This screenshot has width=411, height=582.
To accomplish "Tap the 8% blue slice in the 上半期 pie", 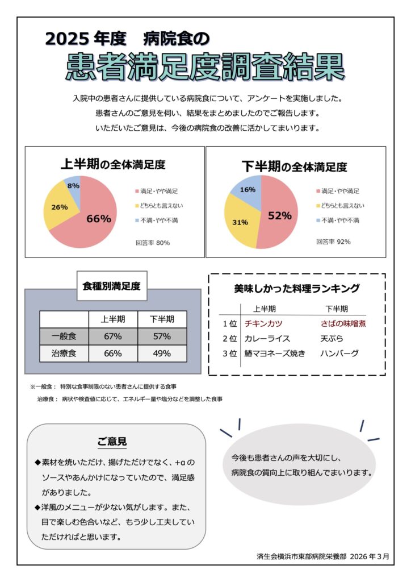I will click(73, 186).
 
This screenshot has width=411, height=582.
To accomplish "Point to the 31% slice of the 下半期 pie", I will click(240, 222).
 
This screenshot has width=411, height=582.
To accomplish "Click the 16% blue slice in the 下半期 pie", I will click(248, 190).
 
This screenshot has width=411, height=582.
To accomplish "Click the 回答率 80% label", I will click(153, 243).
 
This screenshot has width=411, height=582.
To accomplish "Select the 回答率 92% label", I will click(333, 242).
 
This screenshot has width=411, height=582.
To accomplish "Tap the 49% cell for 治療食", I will click(162, 353).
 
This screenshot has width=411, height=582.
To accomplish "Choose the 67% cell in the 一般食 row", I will click(113, 336).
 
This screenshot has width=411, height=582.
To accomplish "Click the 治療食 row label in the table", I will click(64, 353).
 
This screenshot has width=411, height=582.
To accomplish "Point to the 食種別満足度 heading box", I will click(112, 286).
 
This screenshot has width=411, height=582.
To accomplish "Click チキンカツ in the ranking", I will click(263, 323).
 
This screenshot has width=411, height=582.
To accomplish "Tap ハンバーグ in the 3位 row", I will click(339, 353).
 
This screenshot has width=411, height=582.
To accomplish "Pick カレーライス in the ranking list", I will click(267, 338).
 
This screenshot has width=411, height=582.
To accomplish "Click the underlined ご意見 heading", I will click(112, 442).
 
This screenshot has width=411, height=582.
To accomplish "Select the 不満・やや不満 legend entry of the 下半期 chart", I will click(340, 220).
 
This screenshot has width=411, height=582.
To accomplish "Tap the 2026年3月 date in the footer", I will click(370, 556).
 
